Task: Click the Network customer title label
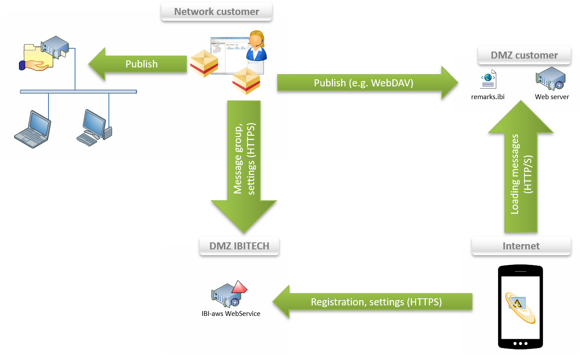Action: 216,11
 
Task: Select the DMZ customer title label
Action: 524,55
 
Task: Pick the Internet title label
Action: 521,246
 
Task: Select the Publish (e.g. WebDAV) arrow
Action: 364,83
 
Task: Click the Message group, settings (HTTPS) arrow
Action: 244,165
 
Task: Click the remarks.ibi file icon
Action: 488,80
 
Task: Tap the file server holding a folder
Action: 44,55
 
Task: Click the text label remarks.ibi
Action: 488,96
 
